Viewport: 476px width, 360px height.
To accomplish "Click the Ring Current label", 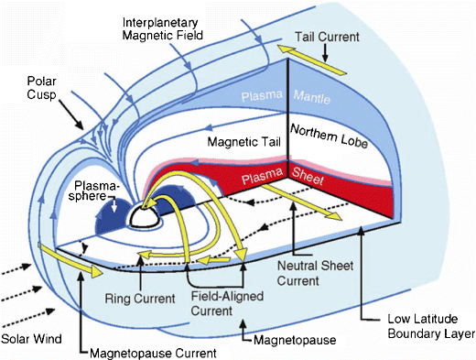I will coord(135,274).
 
